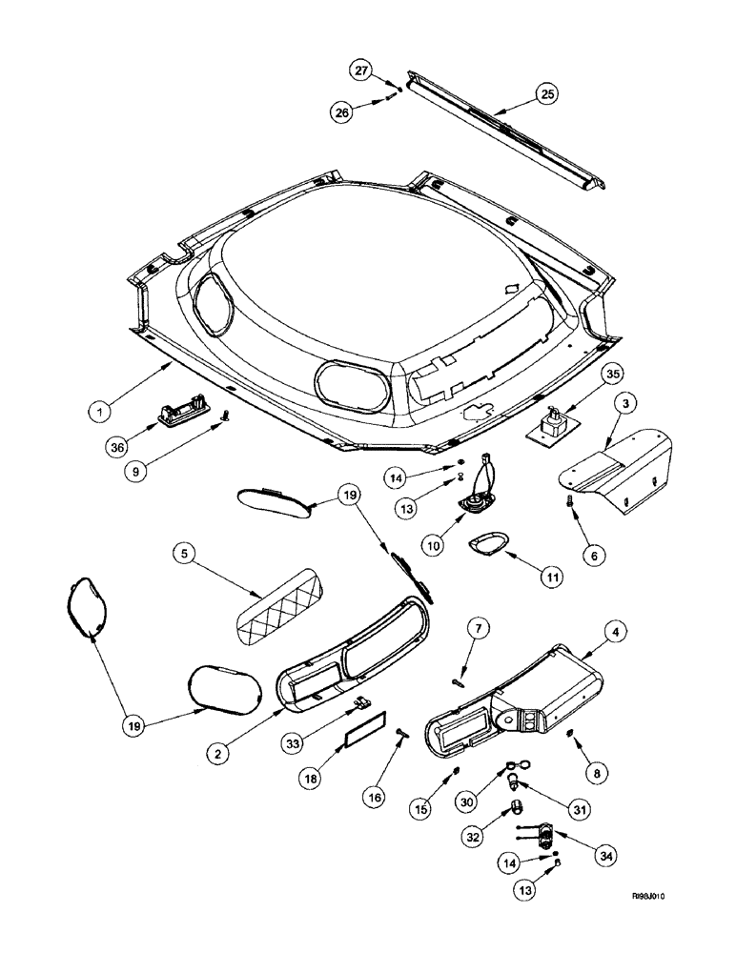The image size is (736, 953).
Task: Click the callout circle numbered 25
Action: (x=547, y=93)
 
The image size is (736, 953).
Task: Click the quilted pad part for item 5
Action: (x=277, y=604)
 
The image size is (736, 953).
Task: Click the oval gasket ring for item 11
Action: (x=486, y=548)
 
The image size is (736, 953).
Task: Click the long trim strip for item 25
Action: (x=505, y=131)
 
